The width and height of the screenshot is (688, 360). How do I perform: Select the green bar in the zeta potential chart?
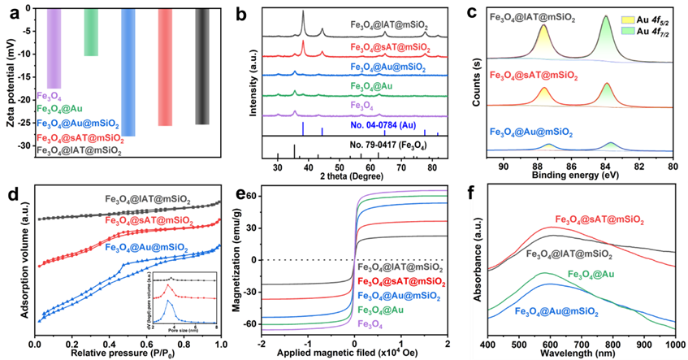tap(91, 32)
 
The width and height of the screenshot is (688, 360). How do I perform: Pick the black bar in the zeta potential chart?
tap(202, 66)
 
